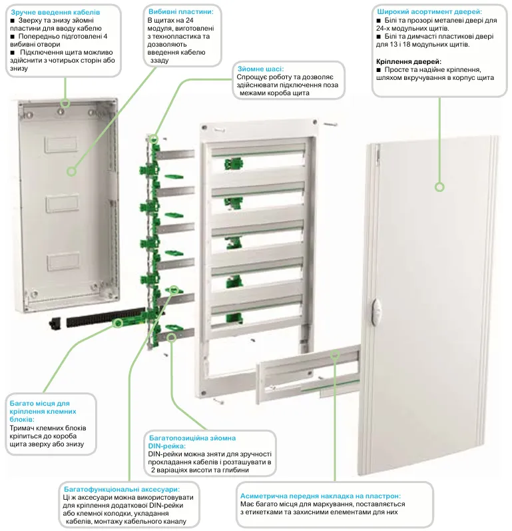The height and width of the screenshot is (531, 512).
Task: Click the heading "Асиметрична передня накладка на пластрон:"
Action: pyautogui.click(x=320, y=496)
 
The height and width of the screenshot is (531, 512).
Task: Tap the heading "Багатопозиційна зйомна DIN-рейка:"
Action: pyautogui.click(x=190, y=442)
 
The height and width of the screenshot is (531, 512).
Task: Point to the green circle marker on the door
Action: pyautogui.click(x=439, y=187)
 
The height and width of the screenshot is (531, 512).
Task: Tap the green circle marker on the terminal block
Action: pyautogui.click(x=118, y=323)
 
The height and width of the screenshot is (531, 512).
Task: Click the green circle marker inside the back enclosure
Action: pyautogui.click(x=71, y=171)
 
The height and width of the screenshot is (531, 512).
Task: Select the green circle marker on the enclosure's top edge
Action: pyautogui.click(x=65, y=103)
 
